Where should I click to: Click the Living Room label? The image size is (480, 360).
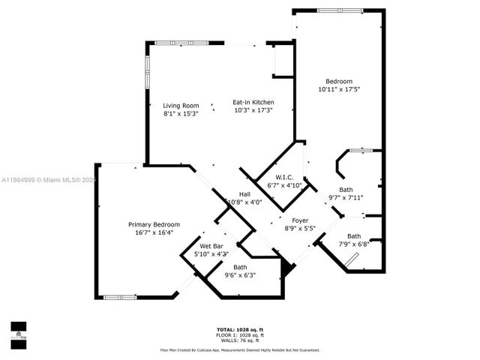pyautogui.click(x=180, y=106)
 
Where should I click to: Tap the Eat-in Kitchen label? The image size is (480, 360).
pyautogui.click(x=253, y=102)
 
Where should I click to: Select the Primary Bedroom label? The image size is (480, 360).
pyautogui.click(x=154, y=224)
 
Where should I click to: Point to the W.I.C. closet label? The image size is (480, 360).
pyautogui.click(x=284, y=178)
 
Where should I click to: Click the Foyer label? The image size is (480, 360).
pyautogui.click(x=299, y=220)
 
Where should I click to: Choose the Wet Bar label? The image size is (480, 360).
pyautogui.click(x=211, y=246)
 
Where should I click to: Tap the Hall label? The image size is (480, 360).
pyautogui.click(x=244, y=193)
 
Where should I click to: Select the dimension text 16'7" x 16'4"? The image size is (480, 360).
pyautogui.click(x=154, y=232)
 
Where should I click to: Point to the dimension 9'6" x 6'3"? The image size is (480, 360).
pyautogui.click(x=240, y=275)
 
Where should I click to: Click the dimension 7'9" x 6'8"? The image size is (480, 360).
pyautogui.click(x=353, y=244)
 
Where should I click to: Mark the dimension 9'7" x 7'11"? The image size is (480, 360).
pyautogui.click(x=346, y=198)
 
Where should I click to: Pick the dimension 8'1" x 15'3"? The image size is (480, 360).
pyautogui.click(x=180, y=113)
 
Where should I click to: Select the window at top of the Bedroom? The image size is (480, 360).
pyautogui.click(x=337, y=10)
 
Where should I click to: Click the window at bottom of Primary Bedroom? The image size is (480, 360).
pyautogui.click(x=120, y=298)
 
